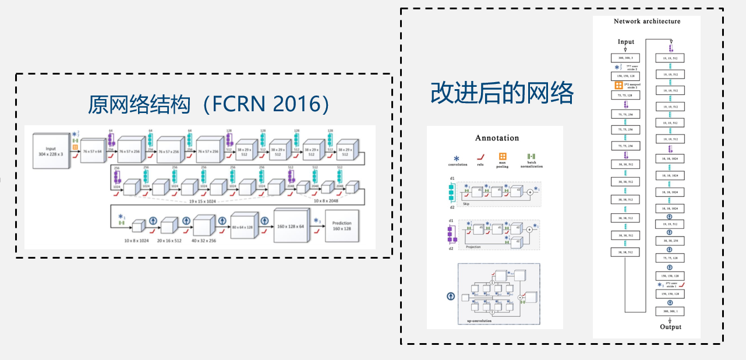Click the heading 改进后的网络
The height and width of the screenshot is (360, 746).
coord(502,93)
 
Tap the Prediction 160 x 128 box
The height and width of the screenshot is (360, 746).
coord(341,227)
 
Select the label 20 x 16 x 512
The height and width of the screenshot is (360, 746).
coord(168,240)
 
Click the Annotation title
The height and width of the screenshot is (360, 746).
coord(497,138)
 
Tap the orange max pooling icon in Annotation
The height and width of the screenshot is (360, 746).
coord(503,156)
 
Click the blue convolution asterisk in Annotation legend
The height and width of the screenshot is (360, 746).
coord(457,157)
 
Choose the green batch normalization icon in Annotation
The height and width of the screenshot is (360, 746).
coord(531,157)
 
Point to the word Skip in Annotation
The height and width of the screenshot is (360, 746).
coord(466,204)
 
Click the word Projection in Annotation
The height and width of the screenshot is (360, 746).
coord(473,247)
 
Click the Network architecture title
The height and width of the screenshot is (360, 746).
coord(646,22)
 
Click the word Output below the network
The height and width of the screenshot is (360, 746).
coord(670,327)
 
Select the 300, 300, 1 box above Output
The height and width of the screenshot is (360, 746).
coord(670,312)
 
